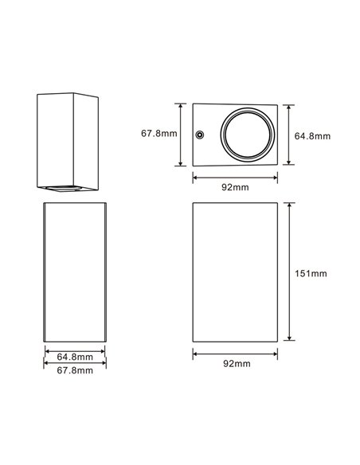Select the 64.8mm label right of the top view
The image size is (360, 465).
coord(311,136)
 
